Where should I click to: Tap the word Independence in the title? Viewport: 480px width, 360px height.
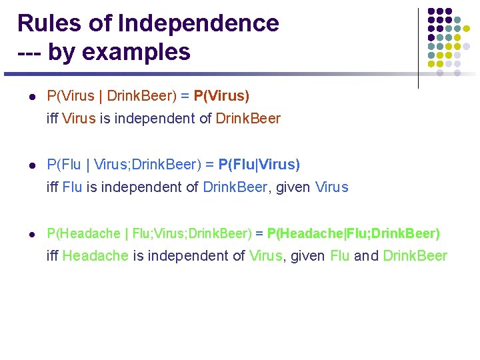click(199, 23)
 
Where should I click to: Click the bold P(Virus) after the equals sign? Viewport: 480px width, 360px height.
click(221, 96)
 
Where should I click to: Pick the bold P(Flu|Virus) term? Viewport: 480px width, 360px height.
click(259, 164)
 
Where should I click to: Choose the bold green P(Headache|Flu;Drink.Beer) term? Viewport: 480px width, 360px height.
click(353, 233)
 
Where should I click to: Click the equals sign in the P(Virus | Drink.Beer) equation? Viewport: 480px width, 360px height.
click(185, 96)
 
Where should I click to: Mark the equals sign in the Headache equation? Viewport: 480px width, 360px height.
click(259, 233)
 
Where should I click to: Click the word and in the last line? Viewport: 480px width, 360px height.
click(366, 256)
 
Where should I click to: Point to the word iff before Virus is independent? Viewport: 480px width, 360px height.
click(52, 119)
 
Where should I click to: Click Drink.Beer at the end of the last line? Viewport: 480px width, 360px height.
click(415, 256)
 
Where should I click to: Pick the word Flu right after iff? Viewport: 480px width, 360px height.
click(72, 187)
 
